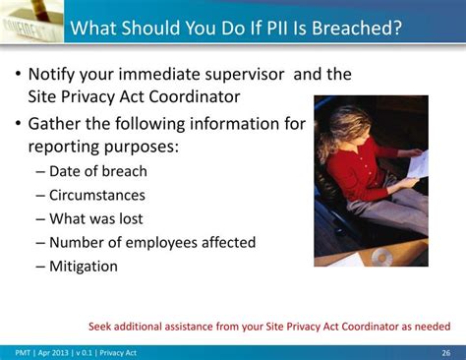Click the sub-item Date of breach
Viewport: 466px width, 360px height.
(97, 171)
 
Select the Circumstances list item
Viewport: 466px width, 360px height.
(96, 195)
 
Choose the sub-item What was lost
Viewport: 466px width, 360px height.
(96, 218)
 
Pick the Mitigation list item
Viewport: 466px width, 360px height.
(83, 266)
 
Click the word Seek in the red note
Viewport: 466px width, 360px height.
(102, 327)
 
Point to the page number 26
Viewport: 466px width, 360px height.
(445, 352)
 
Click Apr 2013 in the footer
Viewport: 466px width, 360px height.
(56, 352)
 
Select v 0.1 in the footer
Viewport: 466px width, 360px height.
(92, 352)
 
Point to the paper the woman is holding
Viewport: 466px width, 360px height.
(417, 163)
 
